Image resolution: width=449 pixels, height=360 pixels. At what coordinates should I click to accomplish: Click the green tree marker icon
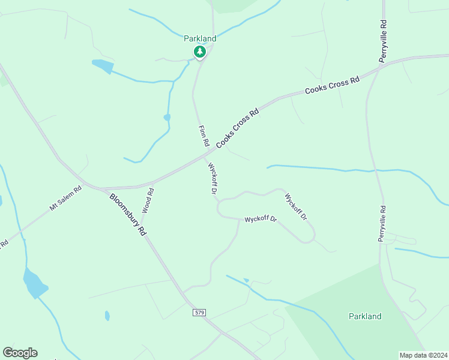point(200,52)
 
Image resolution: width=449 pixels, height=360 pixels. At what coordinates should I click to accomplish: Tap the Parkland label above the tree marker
point(200,38)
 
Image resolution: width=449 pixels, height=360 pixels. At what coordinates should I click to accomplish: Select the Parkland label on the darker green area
point(365,316)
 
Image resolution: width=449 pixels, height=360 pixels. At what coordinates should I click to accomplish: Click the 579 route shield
point(200,313)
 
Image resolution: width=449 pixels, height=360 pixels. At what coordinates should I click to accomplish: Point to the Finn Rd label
point(203,136)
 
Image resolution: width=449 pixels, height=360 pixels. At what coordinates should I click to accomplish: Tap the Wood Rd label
point(148,201)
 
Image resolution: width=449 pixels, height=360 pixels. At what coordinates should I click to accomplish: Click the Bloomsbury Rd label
point(128,214)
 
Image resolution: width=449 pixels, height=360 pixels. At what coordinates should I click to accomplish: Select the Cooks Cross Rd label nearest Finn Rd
point(237,128)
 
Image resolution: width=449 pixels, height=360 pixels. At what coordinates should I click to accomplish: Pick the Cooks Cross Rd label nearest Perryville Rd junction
point(332,86)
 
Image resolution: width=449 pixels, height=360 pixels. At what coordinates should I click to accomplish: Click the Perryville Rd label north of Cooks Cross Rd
point(382,40)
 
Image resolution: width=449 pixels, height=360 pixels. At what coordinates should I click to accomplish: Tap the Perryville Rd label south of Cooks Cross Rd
point(382,223)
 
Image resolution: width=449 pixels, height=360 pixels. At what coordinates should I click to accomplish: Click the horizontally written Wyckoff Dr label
point(261,220)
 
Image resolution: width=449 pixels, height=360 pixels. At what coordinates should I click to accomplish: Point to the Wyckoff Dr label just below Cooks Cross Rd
point(211,179)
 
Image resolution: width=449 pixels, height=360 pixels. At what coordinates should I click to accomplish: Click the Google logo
point(20,353)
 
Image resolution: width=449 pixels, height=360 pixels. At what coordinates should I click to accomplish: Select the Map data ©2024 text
point(423,355)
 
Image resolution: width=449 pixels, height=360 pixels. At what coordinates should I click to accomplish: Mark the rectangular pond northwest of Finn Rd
point(102,66)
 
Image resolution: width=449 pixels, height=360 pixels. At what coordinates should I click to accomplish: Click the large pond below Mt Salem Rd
point(34,283)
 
